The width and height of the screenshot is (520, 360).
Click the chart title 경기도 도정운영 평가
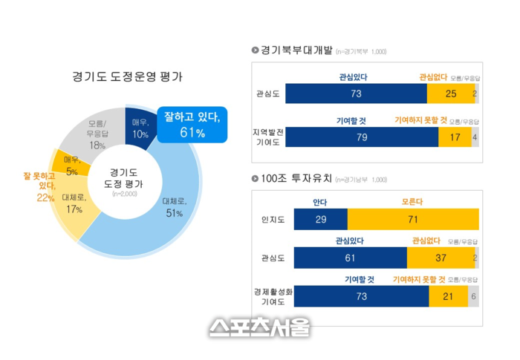coord(128,76)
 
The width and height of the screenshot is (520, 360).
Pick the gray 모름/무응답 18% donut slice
coord(97,132)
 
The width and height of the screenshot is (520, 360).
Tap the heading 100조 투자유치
coord(297,179)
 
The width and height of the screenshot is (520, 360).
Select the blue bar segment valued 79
coord(362,137)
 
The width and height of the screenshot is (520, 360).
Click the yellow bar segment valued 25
coord(449,94)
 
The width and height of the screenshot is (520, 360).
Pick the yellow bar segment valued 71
coord(412,220)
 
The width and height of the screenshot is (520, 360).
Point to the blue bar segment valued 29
coord(321,220)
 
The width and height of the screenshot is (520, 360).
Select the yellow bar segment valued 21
coord(448,296)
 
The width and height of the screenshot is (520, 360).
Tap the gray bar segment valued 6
coord(474,296)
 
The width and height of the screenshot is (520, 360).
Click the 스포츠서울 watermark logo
coord(259,327)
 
